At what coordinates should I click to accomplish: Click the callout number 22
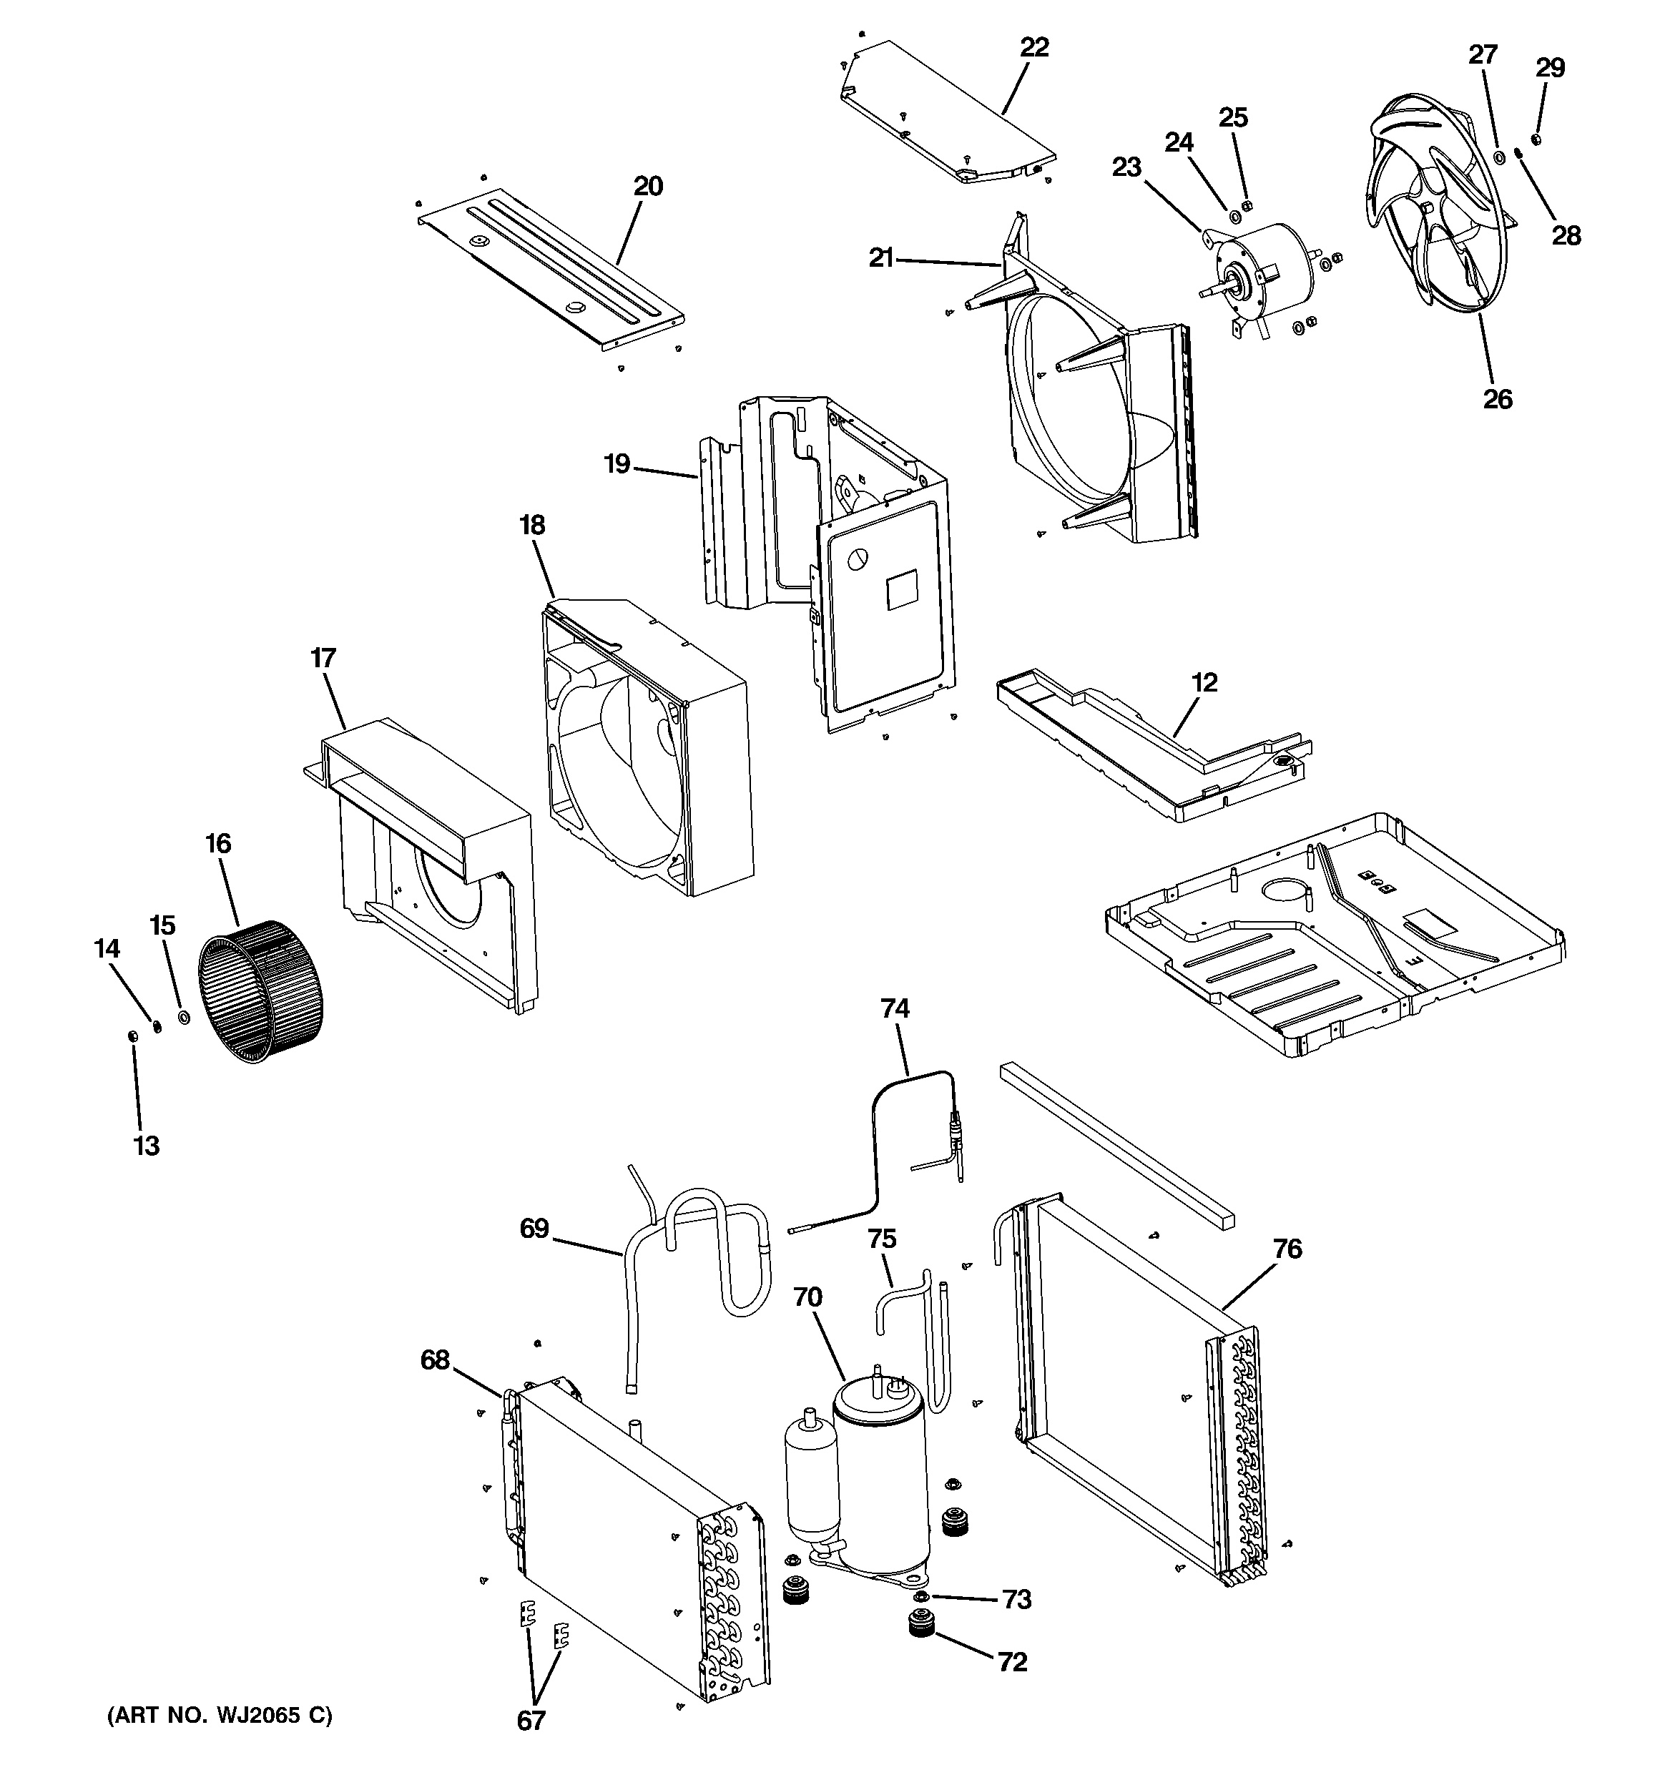tap(1034, 47)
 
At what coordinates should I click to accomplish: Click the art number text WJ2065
tap(254, 1715)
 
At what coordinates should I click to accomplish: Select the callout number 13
tap(146, 1145)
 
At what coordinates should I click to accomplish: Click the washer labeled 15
tap(185, 1016)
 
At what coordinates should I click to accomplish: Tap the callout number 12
tap(1204, 682)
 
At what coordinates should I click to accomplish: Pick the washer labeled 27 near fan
tap(1499, 157)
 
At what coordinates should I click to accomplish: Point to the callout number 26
tap(1497, 398)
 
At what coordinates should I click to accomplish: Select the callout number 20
tap(647, 186)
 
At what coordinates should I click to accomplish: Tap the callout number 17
tap(323, 658)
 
